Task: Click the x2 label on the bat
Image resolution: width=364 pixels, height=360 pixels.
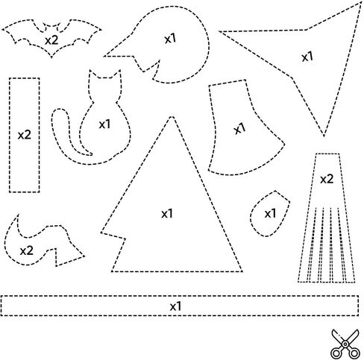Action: pyautogui.click(x=51, y=40)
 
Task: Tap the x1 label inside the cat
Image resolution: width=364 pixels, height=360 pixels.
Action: pyautogui.click(x=104, y=124)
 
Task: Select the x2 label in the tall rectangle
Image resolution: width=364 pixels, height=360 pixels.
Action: pyautogui.click(x=25, y=135)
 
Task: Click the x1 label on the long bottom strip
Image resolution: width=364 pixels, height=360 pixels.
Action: pyautogui.click(x=176, y=306)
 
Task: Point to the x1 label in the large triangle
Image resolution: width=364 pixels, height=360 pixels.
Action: pyautogui.click(x=167, y=213)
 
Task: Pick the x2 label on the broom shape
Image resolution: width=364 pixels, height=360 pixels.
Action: pyautogui.click(x=327, y=179)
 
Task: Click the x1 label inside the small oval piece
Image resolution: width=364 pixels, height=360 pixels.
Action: pyautogui.click(x=270, y=213)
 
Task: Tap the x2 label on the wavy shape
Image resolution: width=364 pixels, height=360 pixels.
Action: pyautogui.click(x=26, y=250)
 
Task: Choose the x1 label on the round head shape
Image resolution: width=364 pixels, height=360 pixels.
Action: pyautogui.click(x=170, y=39)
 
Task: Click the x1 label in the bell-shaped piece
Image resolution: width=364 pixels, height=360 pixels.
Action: pyautogui.click(x=240, y=128)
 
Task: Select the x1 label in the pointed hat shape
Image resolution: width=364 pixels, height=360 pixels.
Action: pyautogui.click(x=307, y=57)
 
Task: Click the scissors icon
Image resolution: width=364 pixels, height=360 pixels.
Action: pyautogui.click(x=345, y=344)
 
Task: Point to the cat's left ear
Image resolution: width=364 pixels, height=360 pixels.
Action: pyautogui.click(x=92, y=74)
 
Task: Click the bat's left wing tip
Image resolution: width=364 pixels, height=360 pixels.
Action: pyautogui.click(x=3, y=30)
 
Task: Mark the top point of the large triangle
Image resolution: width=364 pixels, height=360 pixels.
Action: pyautogui.click(x=172, y=117)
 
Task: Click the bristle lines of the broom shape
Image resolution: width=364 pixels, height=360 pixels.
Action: pyautogui.click(x=327, y=244)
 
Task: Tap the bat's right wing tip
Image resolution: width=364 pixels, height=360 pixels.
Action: pyautogui.click(x=101, y=30)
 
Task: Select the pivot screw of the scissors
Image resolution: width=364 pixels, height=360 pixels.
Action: pyautogui.click(x=345, y=344)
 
